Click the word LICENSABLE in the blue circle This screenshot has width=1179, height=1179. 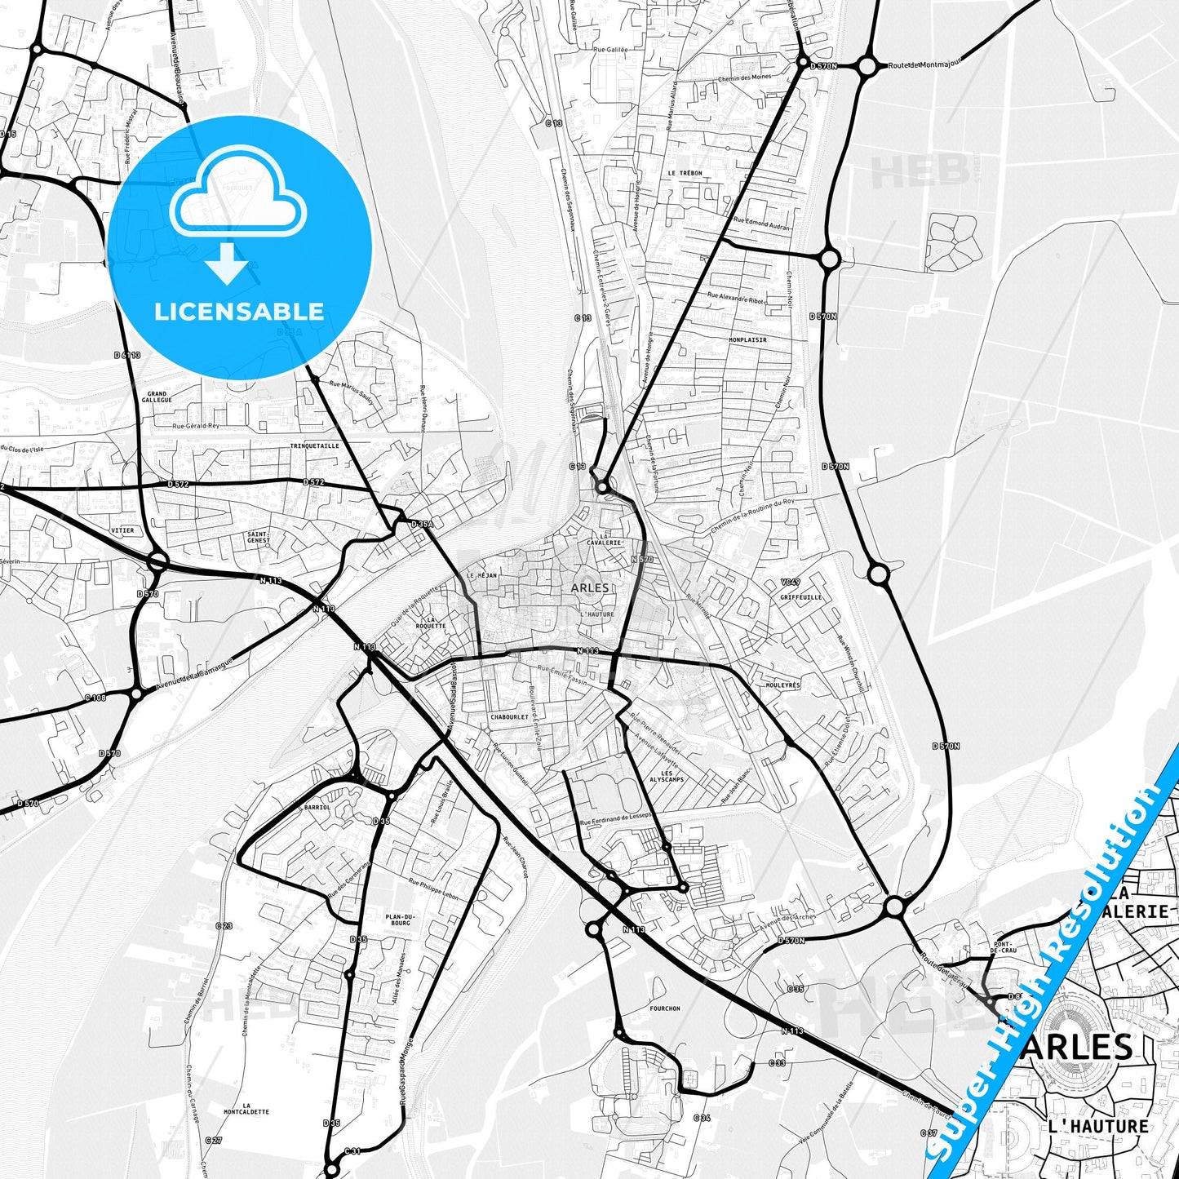pos(239,311)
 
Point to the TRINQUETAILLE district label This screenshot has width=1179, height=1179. pos(314,446)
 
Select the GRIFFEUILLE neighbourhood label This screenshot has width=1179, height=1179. pos(800,596)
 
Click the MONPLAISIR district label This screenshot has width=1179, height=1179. pos(747,339)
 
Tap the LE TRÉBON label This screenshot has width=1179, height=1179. pos(685,173)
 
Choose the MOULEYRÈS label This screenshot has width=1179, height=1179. pos(782,685)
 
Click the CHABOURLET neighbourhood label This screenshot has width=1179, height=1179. pos(510,717)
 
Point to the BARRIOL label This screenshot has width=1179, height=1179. pos(317,807)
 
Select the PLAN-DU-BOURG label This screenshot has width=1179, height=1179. pos(400,920)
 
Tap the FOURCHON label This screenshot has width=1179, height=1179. pos(665,1008)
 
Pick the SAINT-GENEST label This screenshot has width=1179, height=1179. pos(259,537)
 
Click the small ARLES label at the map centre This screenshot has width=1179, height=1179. pos(589,587)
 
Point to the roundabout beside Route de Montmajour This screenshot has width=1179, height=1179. pos(867,66)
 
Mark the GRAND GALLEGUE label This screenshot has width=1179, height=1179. pos(157,397)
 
